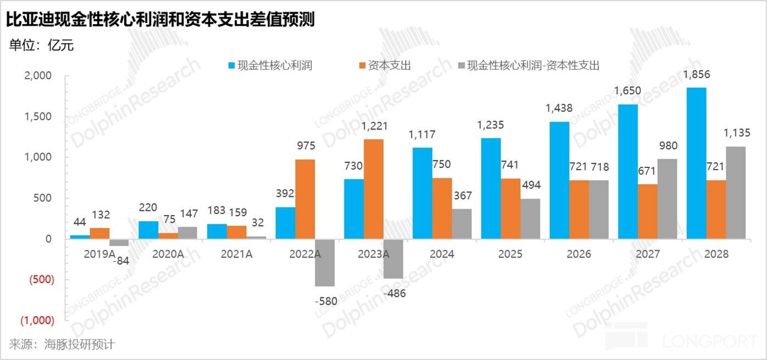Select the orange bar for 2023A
coord(374,189)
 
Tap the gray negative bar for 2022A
coord(325,262)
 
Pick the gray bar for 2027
coord(668,199)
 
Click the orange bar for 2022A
coord(305,199)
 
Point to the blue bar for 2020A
coord(148,230)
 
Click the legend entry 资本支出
coord(383,65)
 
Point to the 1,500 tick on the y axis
coord(38,116)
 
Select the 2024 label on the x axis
coord(442,254)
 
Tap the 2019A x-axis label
coord(99,254)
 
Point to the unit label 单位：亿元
coord(41,46)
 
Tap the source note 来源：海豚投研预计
coord(61,345)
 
